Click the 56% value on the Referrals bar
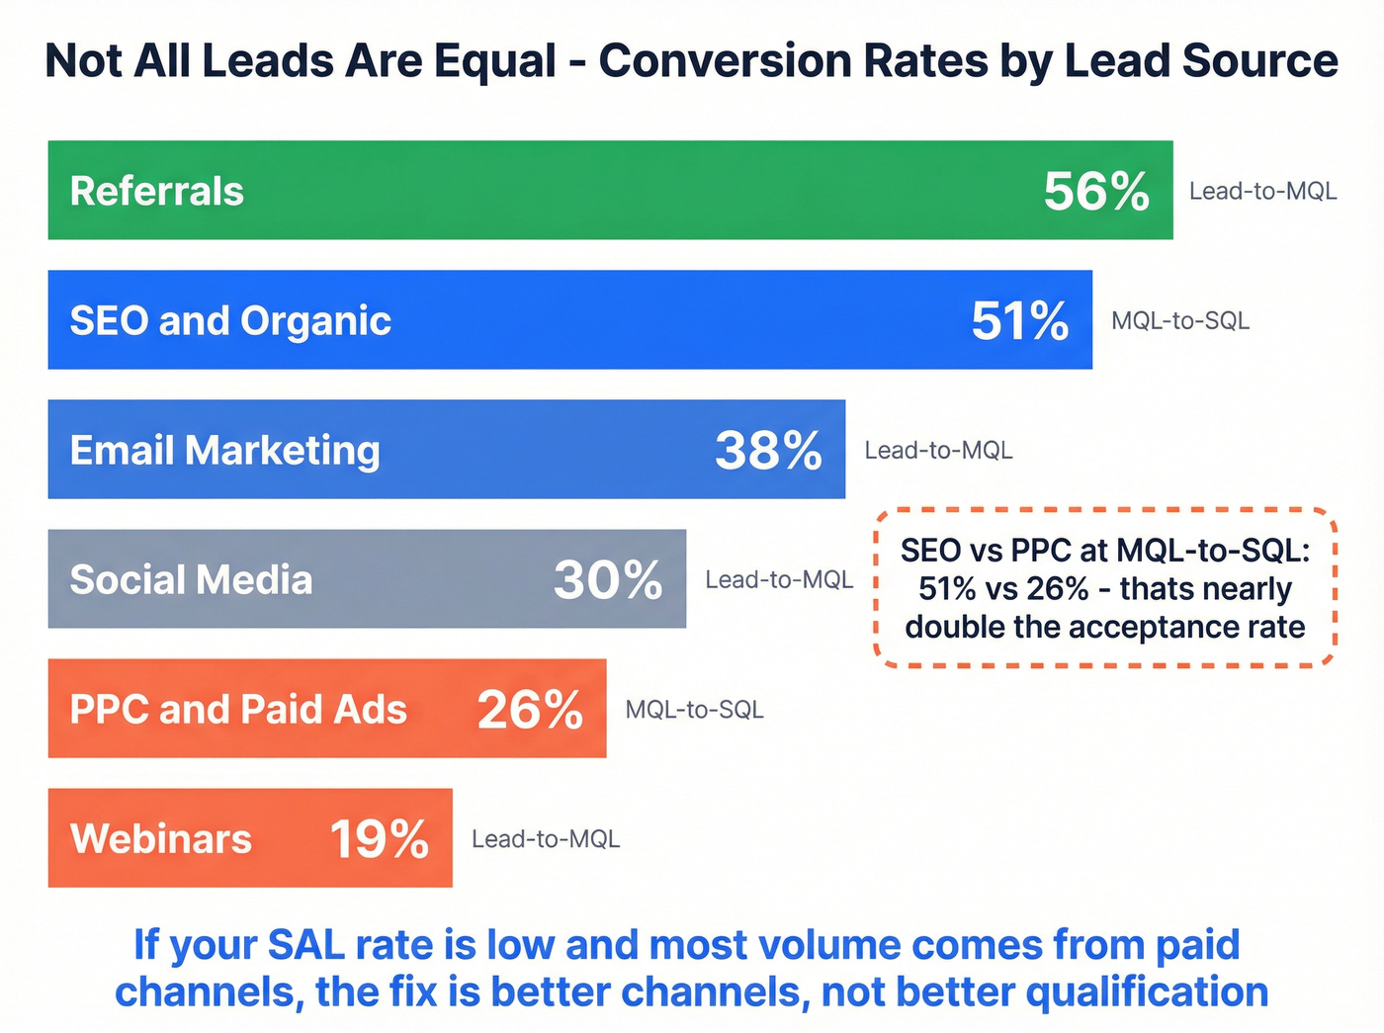(1096, 191)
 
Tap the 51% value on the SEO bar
(1019, 320)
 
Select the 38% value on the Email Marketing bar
(768, 450)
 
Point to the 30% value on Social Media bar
(607, 579)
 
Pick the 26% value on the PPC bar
(530, 709)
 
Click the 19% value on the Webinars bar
(379, 838)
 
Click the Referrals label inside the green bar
(156, 191)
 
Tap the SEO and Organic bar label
(230, 320)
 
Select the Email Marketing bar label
(224, 450)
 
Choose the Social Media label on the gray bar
(191, 579)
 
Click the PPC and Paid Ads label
(238, 709)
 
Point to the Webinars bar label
(161, 838)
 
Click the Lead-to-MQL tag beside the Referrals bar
(1262, 191)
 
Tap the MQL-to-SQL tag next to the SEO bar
(1180, 320)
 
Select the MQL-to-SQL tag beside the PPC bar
(694, 709)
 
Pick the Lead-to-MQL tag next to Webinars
(546, 838)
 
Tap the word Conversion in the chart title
(725, 61)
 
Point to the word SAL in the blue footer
(306, 945)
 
